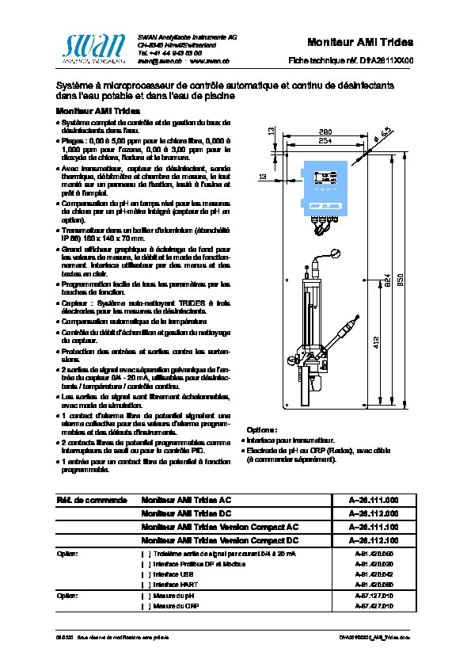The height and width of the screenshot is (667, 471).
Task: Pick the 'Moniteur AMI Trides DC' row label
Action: pyautogui.click(x=186, y=513)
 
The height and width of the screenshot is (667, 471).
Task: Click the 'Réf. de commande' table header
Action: pyautogui.click(x=91, y=501)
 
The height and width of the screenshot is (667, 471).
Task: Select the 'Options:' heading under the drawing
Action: pyautogui.click(x=262, y=429)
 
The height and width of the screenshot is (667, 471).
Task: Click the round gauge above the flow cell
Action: pyautogui.click(x=335, y=254)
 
